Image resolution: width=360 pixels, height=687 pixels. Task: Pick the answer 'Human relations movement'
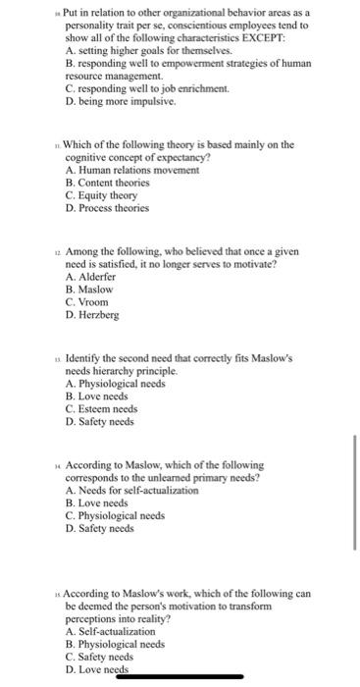123,170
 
